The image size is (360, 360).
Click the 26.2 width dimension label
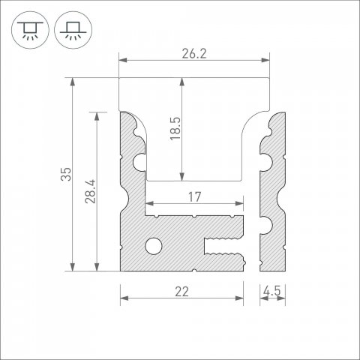click(x=194, y=53)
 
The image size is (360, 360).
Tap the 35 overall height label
click(x=66, y=174)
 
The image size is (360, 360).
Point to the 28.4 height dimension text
click(x=89, y=192)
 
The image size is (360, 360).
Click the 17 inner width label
click(x=194, y=197)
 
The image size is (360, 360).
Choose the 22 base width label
click(x=181, y=292)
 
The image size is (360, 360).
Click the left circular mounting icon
click(x=28, y=29)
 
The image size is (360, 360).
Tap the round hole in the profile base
click(x=153, y=245)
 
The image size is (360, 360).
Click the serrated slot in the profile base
click(x=225, y=244)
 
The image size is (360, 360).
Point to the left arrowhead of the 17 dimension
click(x=148, y=204)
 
